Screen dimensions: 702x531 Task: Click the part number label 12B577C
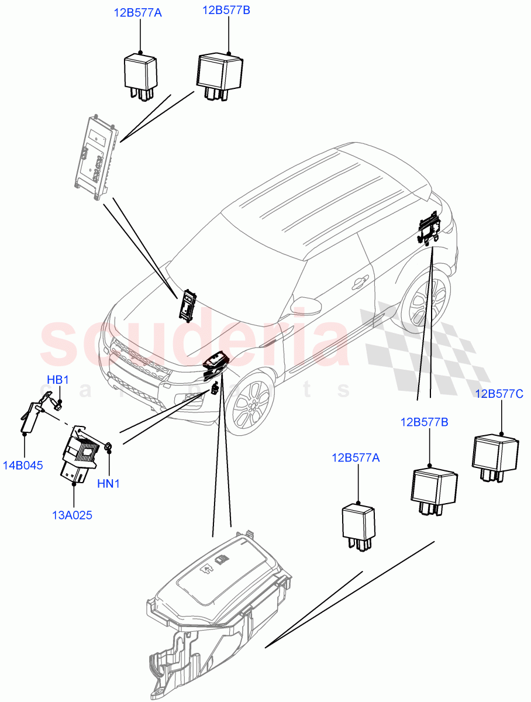[499, 394]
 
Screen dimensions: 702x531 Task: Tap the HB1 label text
[58, 380]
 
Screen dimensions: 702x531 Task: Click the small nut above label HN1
[108, 448]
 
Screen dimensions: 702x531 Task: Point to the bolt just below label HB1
[57, 402]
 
